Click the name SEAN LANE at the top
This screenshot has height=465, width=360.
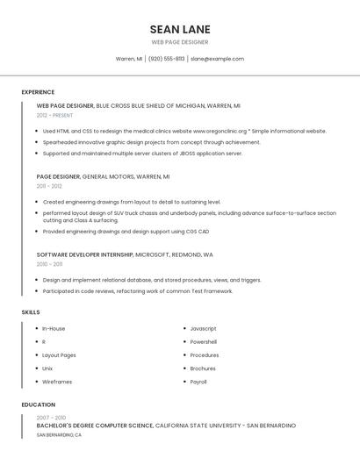pyautogui.click(x=180, y=29)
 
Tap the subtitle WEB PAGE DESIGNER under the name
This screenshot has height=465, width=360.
pyautogui.click(x=180, y=42)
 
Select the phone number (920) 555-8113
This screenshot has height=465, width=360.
pyautogui.click(x=166, y=59)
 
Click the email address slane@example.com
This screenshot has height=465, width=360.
pyautogui.click(x=217, y=59)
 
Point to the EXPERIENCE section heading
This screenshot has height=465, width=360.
pyautogui.click(x=38, y=92)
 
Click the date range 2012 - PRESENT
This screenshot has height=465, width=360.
pyautogui.click(x=54, y=115)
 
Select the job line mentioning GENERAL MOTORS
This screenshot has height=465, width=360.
pyautogui.click(x=104, y=176)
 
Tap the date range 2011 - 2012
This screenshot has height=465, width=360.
pyautogui.click(x=49, y=186)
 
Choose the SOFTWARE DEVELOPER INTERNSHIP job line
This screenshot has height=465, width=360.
pyautogui.click(x=125, y=254)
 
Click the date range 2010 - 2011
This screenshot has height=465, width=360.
pyautogui.click(x=49, y=264)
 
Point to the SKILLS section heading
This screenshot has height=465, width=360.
pyautogui.click(x=31, y=312)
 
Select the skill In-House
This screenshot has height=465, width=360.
pyautogui.click(x=54, y=328)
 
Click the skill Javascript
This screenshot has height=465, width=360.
pyautogui.click(x=203, y=328)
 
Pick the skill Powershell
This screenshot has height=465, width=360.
pyautogui.click(x=203, y=342)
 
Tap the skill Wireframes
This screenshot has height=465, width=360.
pyautogui.click(x=57, y=382)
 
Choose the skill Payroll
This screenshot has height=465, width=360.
pyautogui.click(x=198, y=382)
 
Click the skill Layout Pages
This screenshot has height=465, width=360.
pyautogui.click(x=59, y=355)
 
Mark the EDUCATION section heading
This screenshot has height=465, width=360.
pyautogui.click(x=38, y=405)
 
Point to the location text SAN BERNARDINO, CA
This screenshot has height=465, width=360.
pyautogui.click(x=59, y=435)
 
